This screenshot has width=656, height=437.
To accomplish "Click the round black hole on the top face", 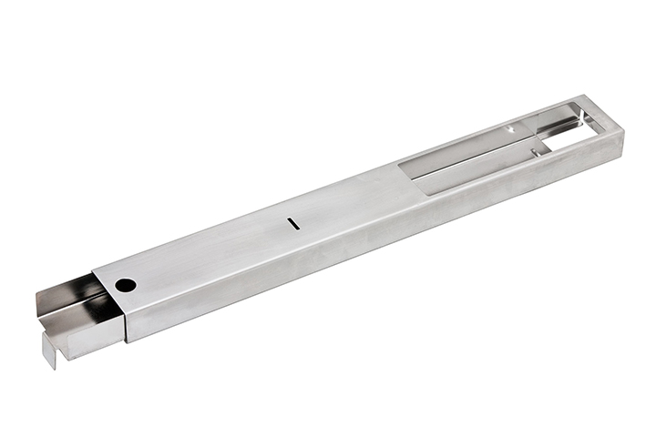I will pos(126,285).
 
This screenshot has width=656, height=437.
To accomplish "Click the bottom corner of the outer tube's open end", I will pos(127,341).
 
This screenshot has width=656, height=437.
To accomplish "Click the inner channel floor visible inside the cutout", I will pos(474,168).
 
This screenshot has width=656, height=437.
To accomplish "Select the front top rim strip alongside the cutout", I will pos(510,178).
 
